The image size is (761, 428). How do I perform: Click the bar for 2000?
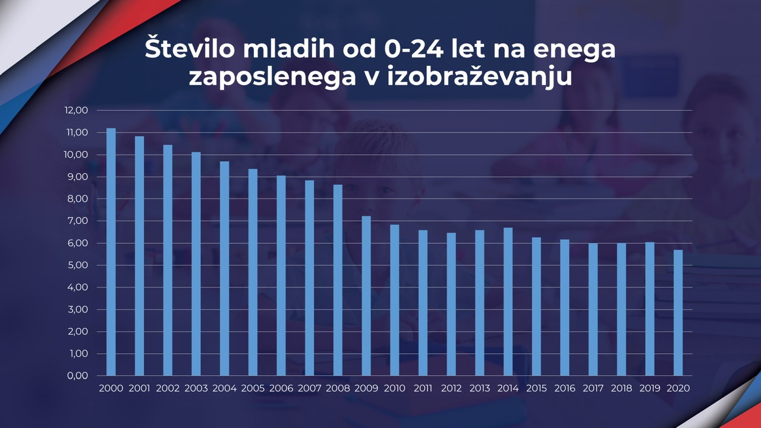pos(111,252)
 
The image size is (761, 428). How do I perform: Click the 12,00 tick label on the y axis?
pos(77,111)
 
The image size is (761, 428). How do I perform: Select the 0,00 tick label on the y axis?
pos(77,376)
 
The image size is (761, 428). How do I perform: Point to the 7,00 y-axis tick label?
pos(77,221)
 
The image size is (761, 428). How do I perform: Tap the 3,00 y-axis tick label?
pos(77,310)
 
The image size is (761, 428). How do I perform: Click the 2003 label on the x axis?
pos(196,389)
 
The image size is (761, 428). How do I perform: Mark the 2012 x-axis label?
pos(452,389)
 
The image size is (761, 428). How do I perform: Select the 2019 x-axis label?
pos(650,389)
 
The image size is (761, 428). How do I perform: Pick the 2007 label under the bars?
pos(310,389)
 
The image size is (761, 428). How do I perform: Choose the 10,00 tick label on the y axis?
pos(77,155)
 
